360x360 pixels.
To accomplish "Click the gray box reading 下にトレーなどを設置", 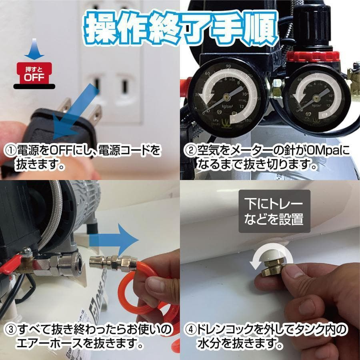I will tap(274, 211).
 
